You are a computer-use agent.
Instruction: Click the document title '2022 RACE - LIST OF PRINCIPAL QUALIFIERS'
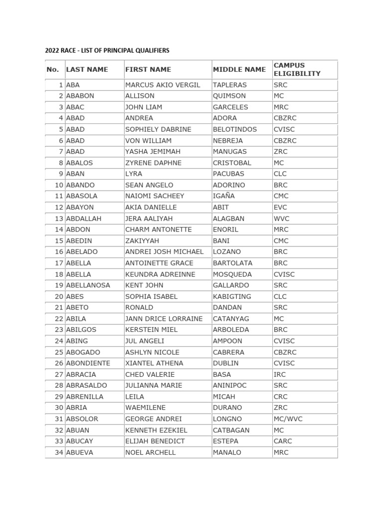click(107, 50)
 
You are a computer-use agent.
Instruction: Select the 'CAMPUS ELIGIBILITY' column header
click(297, 69)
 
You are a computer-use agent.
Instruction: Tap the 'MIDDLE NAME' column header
click(239, 69)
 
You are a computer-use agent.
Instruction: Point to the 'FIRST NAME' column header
click(148, 69)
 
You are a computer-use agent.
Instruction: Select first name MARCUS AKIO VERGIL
click(163, 85)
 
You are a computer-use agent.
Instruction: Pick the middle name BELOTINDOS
click(235, 129)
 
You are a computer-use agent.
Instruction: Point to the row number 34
click(59, 453)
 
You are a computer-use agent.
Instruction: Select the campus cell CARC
click(283, 441)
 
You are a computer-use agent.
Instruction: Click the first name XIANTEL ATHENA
click(154, 363)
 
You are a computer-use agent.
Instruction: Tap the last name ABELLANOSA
click(88, 285)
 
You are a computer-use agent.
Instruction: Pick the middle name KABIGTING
click(232, 296)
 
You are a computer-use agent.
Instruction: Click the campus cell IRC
click(280, 374)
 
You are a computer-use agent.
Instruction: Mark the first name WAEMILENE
click(145, 408)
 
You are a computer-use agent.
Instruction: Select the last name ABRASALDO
click(86, 385)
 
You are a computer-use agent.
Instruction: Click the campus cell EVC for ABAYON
click(281, 207)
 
